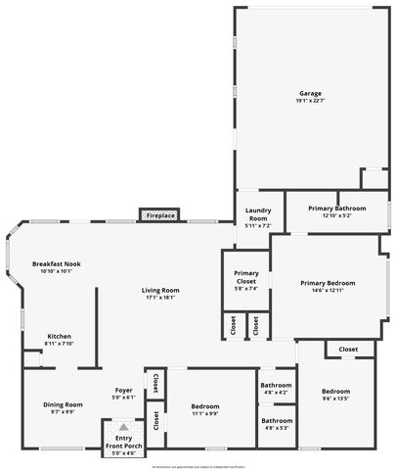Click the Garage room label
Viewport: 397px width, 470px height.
point(310,94)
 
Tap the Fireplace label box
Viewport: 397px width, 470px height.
point(161,214)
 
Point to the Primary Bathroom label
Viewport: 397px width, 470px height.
point(336,209)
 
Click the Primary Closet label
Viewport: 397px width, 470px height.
point(245,277)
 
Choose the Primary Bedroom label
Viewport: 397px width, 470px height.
point(328,283)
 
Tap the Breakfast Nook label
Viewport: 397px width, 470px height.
point(56,264)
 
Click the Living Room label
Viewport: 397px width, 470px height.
point(160,291)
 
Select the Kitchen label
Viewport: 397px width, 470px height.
point(59,337)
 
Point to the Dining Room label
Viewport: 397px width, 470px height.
point(62,404)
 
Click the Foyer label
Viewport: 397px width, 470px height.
point(123,391)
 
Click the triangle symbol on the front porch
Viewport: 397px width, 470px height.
point(123,428)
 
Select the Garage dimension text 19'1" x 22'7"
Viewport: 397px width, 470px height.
point(310,101)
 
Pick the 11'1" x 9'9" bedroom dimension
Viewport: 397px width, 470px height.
point(205,412)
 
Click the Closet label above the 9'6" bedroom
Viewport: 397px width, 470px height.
point(348,350)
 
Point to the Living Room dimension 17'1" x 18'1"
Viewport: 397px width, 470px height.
point(160,298)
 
